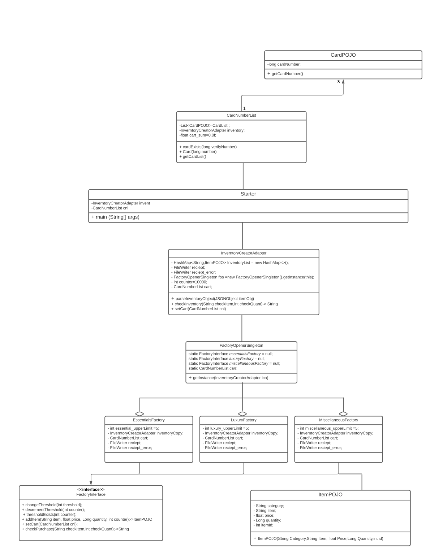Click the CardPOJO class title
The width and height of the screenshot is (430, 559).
point(343,55)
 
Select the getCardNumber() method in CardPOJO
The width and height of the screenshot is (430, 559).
point(287,74)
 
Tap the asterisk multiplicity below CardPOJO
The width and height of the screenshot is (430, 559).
point(339,82)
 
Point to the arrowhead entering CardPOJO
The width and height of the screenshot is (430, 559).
point(343,82)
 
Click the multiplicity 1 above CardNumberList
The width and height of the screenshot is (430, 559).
point(245,108)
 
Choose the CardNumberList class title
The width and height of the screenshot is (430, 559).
point(241,116)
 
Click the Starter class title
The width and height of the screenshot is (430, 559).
point(248,194)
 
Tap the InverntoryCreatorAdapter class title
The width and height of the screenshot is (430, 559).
point(244,253)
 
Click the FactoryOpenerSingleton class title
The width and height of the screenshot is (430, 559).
point(241,346)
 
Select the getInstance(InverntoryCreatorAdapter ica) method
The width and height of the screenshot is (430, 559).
point(230,378)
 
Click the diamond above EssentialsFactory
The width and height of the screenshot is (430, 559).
point(139,414)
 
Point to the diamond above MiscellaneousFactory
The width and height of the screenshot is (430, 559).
point(343,414)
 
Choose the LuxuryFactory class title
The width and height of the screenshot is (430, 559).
point(244,420)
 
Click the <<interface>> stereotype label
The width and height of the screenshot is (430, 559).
point(91,489)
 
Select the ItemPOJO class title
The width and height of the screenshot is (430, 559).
point(330,495)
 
